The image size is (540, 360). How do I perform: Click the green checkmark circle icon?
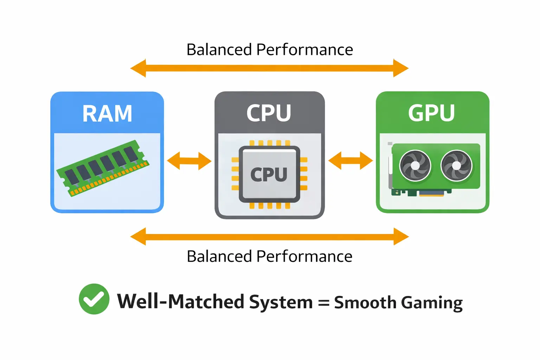tap(94, 299)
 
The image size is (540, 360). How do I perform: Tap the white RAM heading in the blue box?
tap(107, 114)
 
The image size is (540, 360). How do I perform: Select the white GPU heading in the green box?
tap(431, 113)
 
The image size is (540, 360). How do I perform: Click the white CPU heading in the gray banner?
tap(269, 113)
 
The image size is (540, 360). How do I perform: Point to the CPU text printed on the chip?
tap(269, 174)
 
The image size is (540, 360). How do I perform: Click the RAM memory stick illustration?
tap(103, 168)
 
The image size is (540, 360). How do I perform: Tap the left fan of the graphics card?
tap(415, 165)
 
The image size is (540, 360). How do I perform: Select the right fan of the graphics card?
tap(456, 165)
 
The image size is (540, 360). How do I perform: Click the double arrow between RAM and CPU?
tap(189, 161)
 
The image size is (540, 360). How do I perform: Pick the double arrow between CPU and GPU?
tap(351, 161)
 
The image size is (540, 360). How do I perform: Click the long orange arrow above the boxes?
tap(269, 68)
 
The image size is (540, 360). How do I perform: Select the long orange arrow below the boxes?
tap(269, 237)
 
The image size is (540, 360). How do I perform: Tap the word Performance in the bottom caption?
tap(304, 256)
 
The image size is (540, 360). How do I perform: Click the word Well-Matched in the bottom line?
tap(181, 302)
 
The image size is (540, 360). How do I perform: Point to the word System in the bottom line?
tap(281, 302)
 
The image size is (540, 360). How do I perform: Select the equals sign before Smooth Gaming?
tap(323, 303)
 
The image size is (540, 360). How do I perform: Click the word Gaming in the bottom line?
tap(432, 303)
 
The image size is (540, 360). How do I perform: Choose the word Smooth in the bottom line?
tap(365, 302)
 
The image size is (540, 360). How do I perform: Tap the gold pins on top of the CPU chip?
tap(270, 143)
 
